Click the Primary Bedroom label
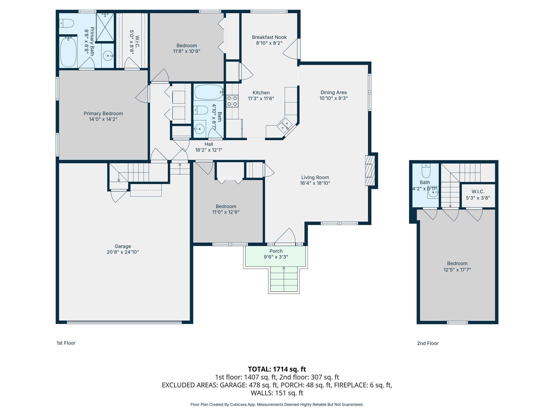click(103, 113)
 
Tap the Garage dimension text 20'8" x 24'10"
click(123, 252)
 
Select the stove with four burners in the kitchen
click(232, 101)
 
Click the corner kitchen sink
click(284, 125)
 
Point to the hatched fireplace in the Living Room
click(370, 170)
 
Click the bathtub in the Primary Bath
click(68, 52)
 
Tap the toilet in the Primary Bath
click(67, 23)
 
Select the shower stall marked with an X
click(105, 27)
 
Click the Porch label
click(276, 251)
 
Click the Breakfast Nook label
click(269, 37)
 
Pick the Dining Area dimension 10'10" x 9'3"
click(333, 98)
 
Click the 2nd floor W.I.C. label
click(478, 192)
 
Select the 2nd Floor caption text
click(427, 343)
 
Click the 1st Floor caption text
click(66, 343)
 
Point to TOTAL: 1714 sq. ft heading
click(277, 369)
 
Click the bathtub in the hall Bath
click(209, 92)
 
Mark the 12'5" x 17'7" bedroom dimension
click(457, 270)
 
